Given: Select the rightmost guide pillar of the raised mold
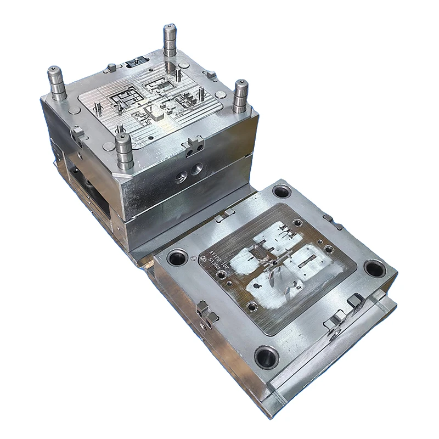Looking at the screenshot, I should (240, 96).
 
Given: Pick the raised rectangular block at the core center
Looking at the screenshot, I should (158, 116).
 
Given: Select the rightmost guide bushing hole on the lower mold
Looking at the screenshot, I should (374, 269).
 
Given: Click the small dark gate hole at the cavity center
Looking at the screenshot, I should (273, 262).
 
